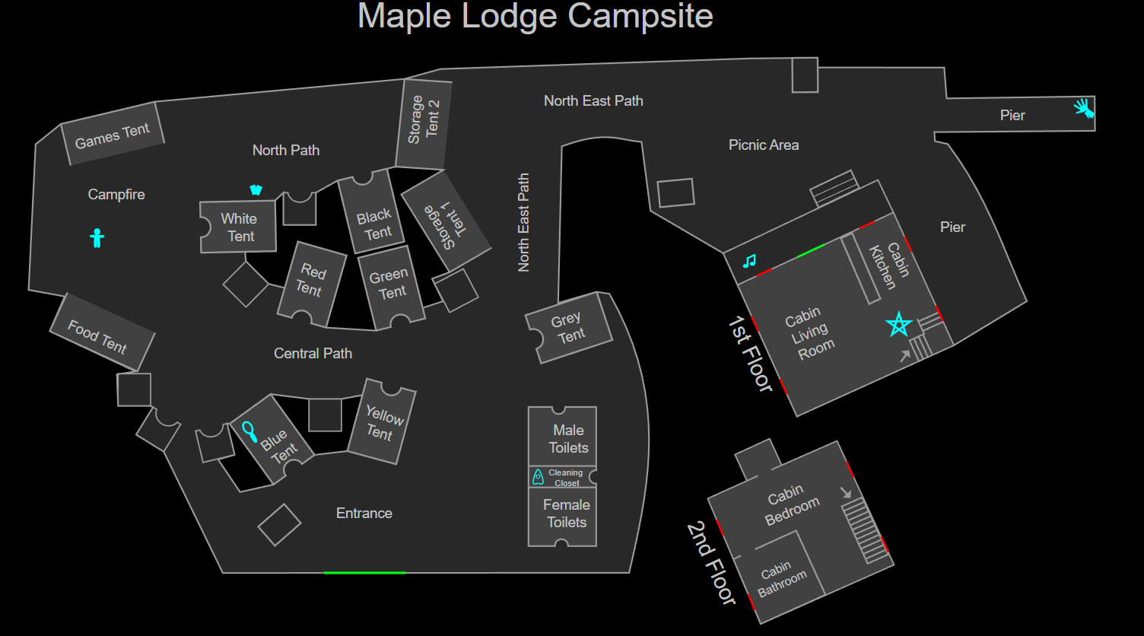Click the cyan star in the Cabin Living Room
click(899, 325)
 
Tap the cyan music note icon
click(749, 261)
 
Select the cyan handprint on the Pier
click(1084, 108)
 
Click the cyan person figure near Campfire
click(97, 237)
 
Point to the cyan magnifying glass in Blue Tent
click(249, 431)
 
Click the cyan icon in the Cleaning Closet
click(538, 476)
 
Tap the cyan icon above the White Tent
click(256, 190)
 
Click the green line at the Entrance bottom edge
click(364, 573)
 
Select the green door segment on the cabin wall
click(811, 251)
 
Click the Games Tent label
click(113, 135)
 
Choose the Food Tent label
click(97, 337)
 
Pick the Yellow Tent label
click(383, 424)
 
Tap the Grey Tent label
click(568, 328)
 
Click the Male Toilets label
click(568, 439)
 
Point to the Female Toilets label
click(567, 514)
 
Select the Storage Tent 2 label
click(424, 119)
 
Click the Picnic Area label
click(764, 145)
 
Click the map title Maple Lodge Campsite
click(535, 16)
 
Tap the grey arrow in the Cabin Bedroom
click(846, 492)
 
